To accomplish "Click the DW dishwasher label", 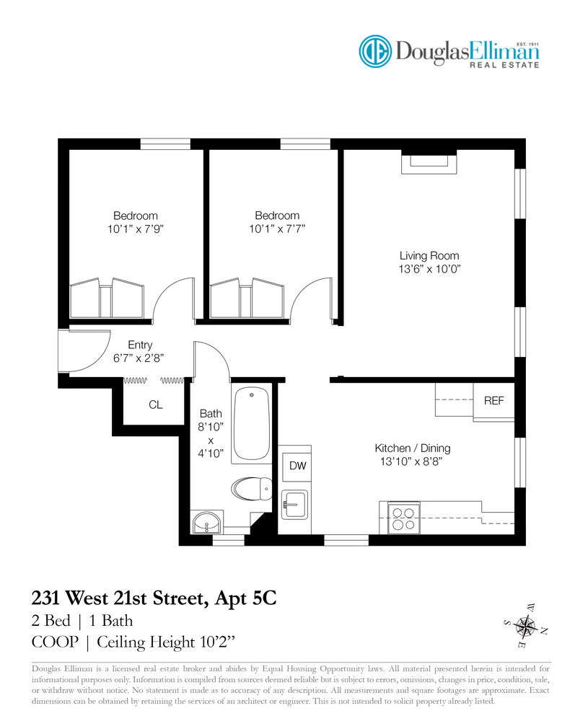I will (x=297, y=466).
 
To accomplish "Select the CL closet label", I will (x=156, y=405).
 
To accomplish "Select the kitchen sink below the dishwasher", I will (x=294, y=502).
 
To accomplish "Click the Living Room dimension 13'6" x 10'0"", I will (x=430, y=270).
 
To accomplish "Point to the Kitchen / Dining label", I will (x=413, y=448).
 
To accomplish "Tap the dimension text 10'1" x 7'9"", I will (x=135, y=229).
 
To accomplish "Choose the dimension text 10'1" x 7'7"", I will (x=276, y=229).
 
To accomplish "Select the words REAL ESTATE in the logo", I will (x=504, y=66).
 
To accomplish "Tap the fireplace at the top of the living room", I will (x=429, y=163).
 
